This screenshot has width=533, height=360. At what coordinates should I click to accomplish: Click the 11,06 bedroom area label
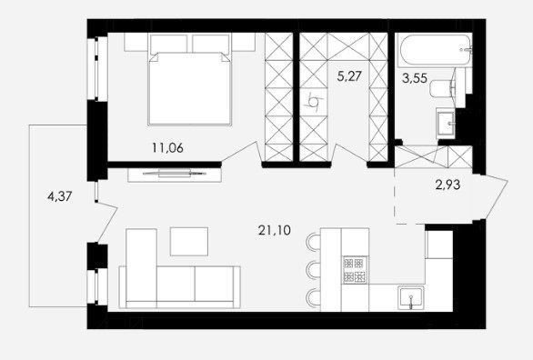click(167, 148)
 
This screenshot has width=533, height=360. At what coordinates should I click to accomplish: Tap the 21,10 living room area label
click(275, 231)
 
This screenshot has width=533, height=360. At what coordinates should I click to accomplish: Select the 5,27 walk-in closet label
click(348, 76)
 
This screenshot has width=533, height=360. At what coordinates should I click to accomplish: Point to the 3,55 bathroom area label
click(415, 78)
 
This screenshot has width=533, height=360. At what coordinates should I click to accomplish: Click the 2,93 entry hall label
click(448, 185)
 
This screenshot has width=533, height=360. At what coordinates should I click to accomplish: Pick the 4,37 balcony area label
click(60, 196)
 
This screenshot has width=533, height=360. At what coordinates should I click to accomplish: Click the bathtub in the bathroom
click(434, 50)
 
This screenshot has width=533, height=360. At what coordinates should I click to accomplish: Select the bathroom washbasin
click(446, 124)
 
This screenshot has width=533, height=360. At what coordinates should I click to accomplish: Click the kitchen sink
click(411, 298)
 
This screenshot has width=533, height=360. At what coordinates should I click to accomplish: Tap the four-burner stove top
click(355, 270)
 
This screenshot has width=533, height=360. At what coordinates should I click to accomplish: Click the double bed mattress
click(190, 89)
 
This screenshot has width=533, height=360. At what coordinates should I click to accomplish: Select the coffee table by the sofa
click(189, 241)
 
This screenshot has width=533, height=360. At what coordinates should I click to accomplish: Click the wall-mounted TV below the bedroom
click(175, 174)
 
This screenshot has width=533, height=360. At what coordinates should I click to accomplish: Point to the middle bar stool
click(314, 270)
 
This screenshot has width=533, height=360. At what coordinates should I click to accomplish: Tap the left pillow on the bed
click(168, 44)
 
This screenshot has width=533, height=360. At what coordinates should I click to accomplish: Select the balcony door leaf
click(106, 222)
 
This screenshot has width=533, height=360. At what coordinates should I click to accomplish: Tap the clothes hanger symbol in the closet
click(314, 102)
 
